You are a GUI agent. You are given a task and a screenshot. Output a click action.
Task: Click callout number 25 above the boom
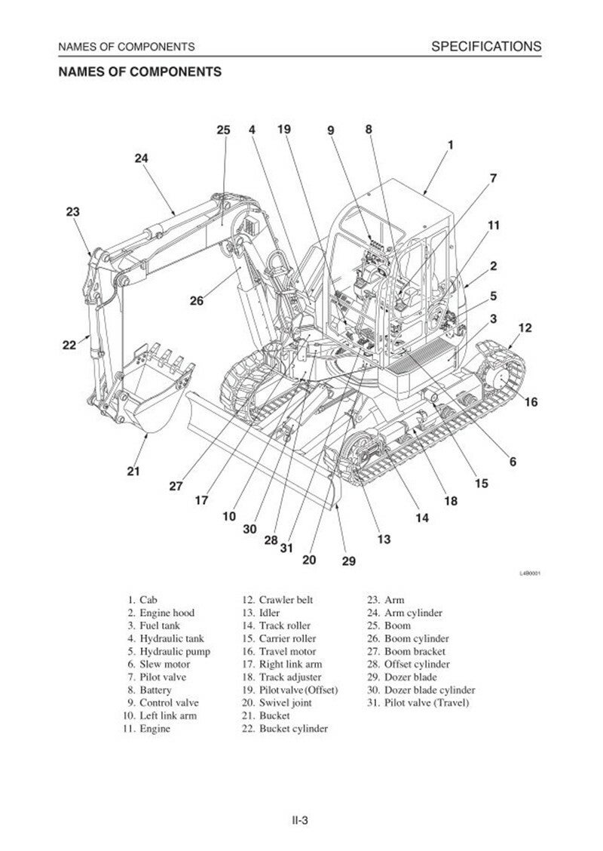(223, 131)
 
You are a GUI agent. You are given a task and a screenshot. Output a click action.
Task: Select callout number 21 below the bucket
(133, 472)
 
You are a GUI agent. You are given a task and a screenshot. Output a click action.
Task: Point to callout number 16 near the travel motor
(531, 402)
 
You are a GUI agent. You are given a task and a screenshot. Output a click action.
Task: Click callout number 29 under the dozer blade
(348, 561)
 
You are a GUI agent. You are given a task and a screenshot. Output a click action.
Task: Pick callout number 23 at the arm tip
(72, 213)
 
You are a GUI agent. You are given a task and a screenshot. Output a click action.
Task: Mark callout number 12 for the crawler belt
(525, 328)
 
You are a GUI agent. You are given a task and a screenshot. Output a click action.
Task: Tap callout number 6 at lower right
(513, 461)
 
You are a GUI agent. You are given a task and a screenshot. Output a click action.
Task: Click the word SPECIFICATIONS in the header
(485, 47)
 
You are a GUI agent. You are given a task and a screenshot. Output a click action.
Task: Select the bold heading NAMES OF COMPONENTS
(139, 72)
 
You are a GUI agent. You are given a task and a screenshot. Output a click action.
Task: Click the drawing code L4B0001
(531, 573)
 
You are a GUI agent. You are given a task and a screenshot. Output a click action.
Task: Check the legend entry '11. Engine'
(147, 728)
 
